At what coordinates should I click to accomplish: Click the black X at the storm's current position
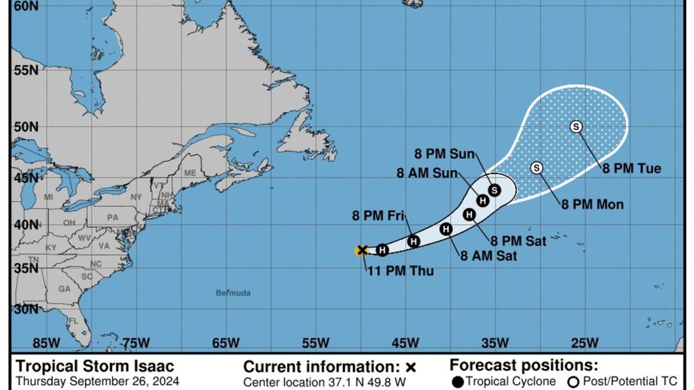(x=363, y=250)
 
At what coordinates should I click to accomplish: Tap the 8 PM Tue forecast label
(x=632, y=169)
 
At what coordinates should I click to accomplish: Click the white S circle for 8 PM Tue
(x=576, y=127)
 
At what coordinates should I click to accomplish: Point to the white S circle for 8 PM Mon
(x=537, y=168)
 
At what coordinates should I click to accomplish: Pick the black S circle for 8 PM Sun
(x=494, y=190)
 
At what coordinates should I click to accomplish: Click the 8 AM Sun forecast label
(x=427, y=173)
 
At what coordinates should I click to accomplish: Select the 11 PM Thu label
(x=400, y=271)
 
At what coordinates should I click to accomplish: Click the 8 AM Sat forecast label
(x=489, y=256)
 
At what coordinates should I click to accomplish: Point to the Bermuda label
(x=233, y=293)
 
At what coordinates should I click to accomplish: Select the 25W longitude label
(x=585, y=343)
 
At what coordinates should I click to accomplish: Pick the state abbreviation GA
(x=64, y=289)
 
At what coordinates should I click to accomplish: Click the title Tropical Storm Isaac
(x=95, y=366)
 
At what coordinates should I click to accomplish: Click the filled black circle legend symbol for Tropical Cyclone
(x=457, y=382)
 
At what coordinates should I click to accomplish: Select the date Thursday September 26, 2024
(x=97, y=381)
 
